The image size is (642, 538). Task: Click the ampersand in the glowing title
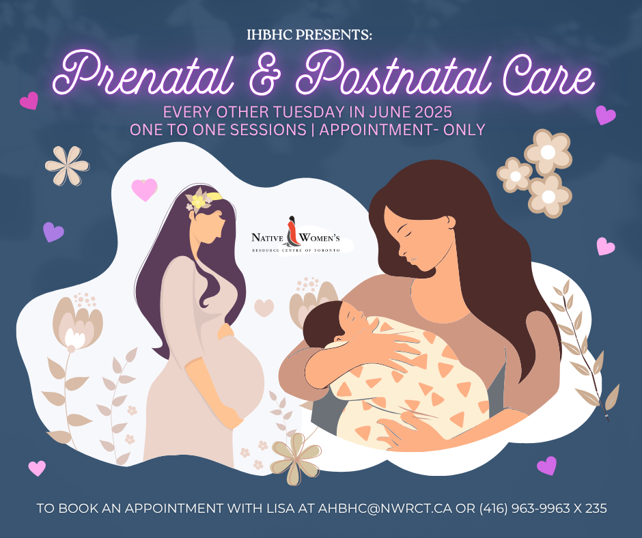click(264, 75)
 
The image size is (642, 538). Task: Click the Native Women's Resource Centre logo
click(296, 236)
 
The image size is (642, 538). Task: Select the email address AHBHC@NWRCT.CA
click(385, 509)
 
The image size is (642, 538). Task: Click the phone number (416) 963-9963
click(525, 509)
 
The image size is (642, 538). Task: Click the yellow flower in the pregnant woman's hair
click(198, 201)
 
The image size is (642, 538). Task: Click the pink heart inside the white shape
click(144, 188)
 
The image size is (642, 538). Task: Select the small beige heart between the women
click(264, 307)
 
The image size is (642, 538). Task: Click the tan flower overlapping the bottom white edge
click(296, 459)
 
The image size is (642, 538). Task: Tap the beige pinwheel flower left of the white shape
click(67, 166)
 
